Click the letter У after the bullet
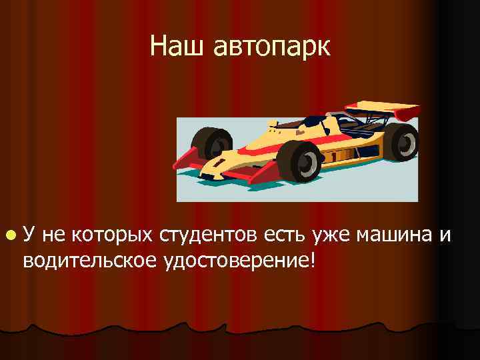coord(30,235)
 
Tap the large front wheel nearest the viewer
coord(300,161)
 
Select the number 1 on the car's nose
coord(218,161)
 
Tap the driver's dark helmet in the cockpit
coord(312,122)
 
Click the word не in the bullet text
coord(55,235)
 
